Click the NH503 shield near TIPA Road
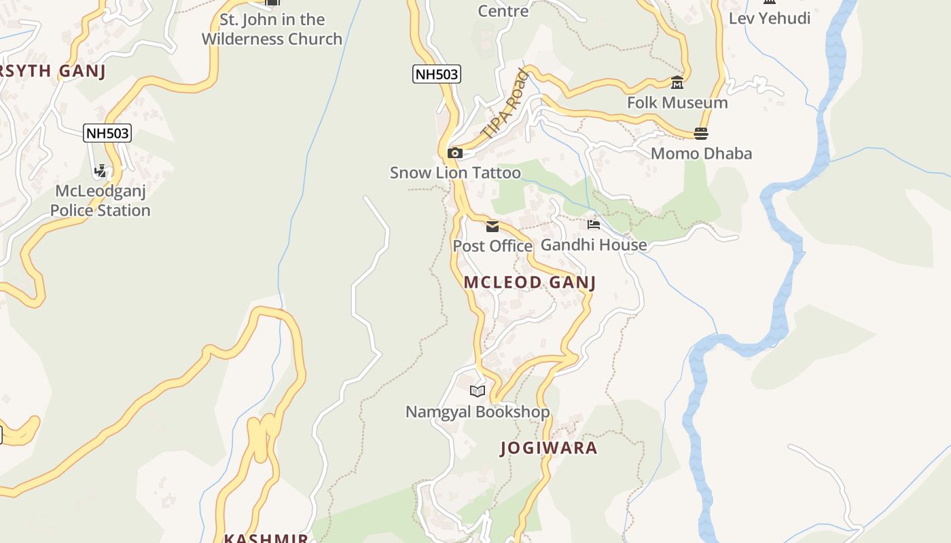436,74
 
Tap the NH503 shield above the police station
107,133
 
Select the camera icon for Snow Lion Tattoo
455,153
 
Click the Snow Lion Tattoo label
455,173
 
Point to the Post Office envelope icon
492,227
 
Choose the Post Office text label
492,246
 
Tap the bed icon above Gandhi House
594,225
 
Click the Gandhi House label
594,244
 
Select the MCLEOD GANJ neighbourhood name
530,282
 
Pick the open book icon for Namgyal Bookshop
478,391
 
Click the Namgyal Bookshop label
478,412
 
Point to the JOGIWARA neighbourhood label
549,448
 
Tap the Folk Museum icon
677,83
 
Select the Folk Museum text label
677,102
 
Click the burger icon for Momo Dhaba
701,134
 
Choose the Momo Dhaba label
701,153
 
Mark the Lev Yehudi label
770,18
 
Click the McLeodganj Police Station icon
101,171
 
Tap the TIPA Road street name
504,105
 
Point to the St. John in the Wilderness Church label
272,29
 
